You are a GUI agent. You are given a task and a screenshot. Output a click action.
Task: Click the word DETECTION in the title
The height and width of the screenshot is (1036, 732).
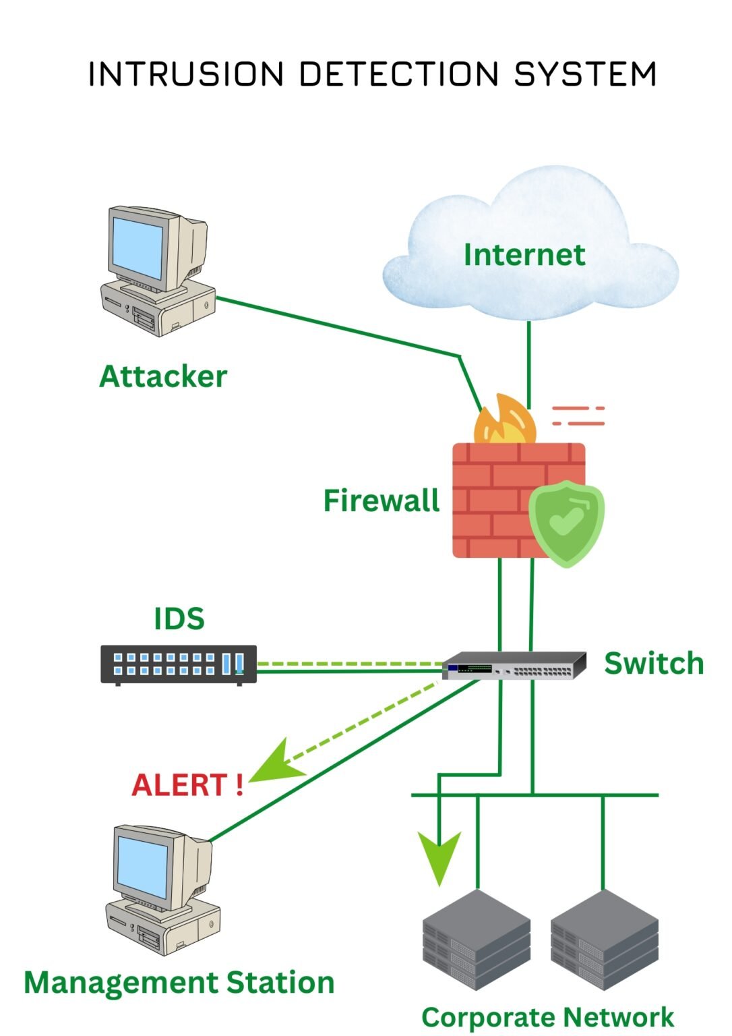pyautogui.click(x=398, y=74)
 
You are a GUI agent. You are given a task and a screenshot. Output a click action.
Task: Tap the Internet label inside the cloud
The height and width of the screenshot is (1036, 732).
pyautogui.click(x=524, y=255)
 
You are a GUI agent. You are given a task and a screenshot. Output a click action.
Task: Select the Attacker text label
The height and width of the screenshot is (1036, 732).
pyautogui.click(x=163, y=376)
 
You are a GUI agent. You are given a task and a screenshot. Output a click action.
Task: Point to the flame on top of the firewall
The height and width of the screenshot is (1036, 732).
pyautogui.click(x=506, y=422)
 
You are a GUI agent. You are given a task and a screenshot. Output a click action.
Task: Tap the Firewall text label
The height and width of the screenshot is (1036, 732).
pyautogui.click(x=381, y=501)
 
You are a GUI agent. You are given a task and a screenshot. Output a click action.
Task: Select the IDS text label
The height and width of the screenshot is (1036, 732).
pyautogui.click(x=179, y=619)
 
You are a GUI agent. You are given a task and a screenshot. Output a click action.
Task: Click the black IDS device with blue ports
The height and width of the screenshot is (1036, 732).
pyautogui.click(x=179, y=664)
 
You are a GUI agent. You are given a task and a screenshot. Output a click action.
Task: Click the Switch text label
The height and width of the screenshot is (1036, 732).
pyautogui.click(x=653, y=664)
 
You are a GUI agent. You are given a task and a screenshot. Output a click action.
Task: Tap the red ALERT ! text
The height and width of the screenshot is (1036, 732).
pyautogui.click(x=187, y=785)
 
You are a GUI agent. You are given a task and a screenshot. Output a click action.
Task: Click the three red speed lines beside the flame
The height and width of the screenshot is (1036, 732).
pyautogui.click(x=578, y=416)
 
